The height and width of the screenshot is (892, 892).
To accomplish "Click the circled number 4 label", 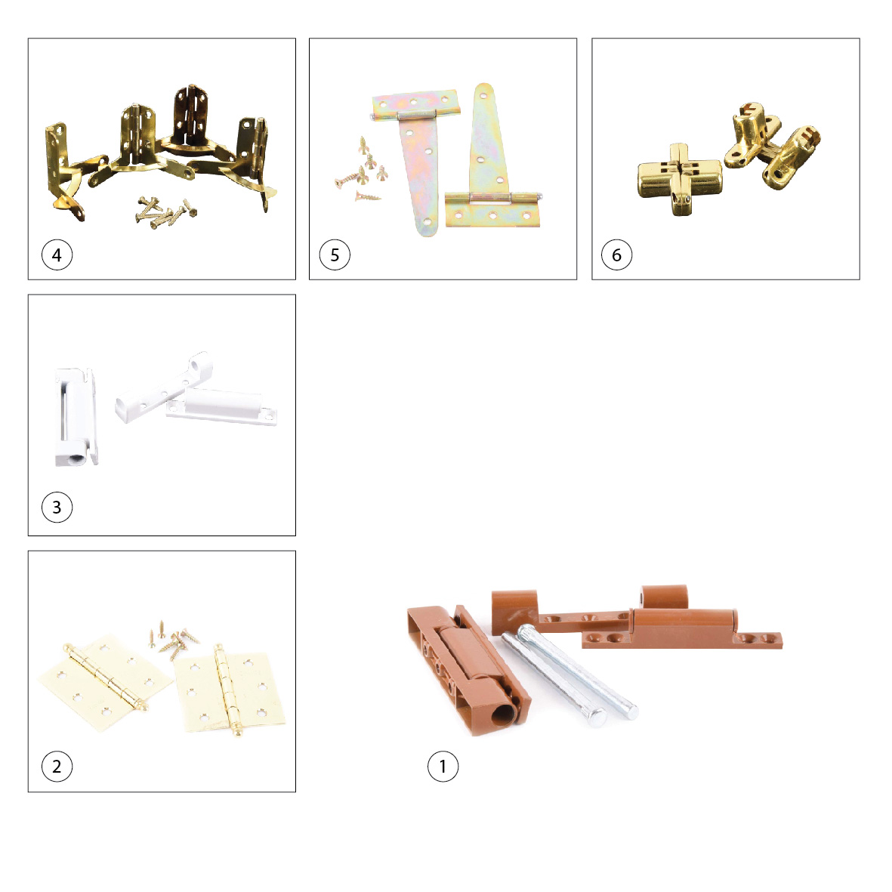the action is pyautogui.click(x=57, y=255).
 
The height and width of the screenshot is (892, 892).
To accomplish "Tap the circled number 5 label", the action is pyautogui.click(x=335, y=255).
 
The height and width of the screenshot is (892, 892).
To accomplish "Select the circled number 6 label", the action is pyautogui.click(x=616, y=255).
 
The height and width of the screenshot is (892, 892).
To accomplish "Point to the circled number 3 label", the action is pyautogui.click(x=57, y=507).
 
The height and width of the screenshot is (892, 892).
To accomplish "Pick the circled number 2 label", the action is pyautogui.click(x=57, y=767).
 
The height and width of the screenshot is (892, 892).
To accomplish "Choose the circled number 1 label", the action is pyautogui.click(x=443, y=767).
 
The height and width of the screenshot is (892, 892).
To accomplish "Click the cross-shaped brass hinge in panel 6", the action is pyautogui.click(x=680, y=179).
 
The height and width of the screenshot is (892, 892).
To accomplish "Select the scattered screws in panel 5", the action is pyautogui.click(x=361, y=171).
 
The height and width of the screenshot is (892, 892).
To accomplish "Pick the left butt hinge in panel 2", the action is pyautogui.click(x=105, y=677).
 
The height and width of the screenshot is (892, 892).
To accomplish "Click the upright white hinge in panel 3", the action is pyautogui.click(x=76, y=416).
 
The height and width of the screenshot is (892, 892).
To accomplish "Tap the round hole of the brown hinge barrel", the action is pyautogui.click(x=502, y=715).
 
